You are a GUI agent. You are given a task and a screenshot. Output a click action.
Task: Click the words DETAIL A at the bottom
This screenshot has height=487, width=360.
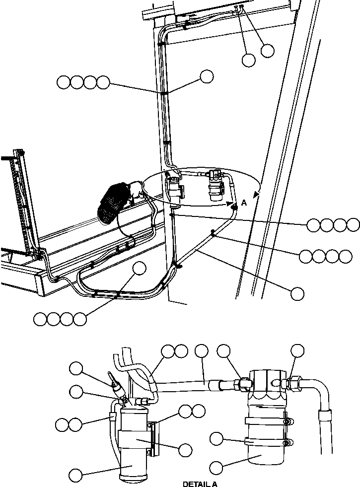pyautogui.click(x=200, y=484)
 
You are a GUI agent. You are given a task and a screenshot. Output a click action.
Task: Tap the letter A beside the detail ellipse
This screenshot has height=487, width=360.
pyautogui.click(x=244, y=203)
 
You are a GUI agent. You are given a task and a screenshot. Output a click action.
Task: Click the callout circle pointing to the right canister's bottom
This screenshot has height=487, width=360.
pyautogui.click(x=216, y=467)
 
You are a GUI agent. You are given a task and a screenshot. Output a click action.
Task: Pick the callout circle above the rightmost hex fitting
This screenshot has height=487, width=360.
pyautogui.click(x=297, y=350)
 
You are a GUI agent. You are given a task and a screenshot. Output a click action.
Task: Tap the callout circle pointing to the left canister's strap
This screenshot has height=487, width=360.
pyautogui.click(x=185, y=450)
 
